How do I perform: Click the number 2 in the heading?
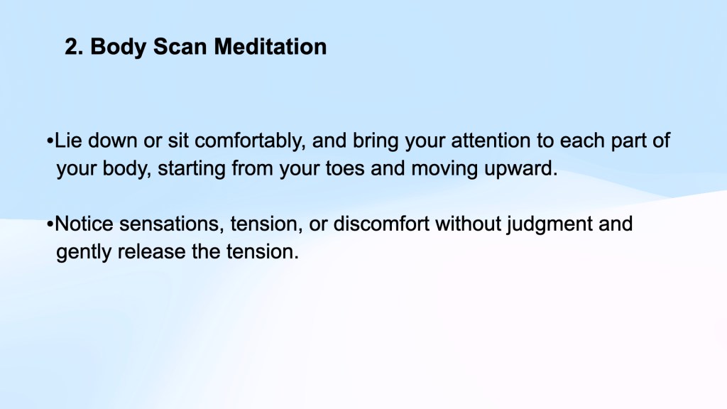coord(72,47)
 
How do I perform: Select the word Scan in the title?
coord(180,47)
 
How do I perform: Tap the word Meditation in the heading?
coord(270,47)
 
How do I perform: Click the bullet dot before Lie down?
coord(50,141)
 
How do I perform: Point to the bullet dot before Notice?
coord(50,224)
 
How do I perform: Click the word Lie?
coord(68,141)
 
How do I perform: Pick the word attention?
coord(491,141)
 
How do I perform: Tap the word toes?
coord(345,168)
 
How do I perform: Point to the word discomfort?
coord(381,224)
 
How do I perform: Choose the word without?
coord(468,224)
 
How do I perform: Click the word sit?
coord(178,141)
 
